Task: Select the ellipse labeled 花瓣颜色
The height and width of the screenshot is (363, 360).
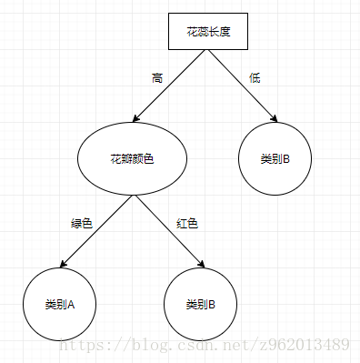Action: [132, 159]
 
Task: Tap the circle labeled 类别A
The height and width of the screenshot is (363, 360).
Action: [58, 303]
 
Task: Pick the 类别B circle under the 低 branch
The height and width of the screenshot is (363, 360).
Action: [275, 159]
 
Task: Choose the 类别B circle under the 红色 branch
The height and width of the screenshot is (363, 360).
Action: [200, 303]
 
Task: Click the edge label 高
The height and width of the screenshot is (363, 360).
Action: [156, 77]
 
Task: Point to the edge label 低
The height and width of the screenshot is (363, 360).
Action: [255, 77]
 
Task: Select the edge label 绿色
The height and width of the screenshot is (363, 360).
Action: [82, 223]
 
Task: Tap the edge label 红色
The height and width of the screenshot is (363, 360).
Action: [185, 223]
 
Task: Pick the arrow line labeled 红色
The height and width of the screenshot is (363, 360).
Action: [173, 233]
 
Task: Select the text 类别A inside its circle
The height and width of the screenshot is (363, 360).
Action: [58, 303]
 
